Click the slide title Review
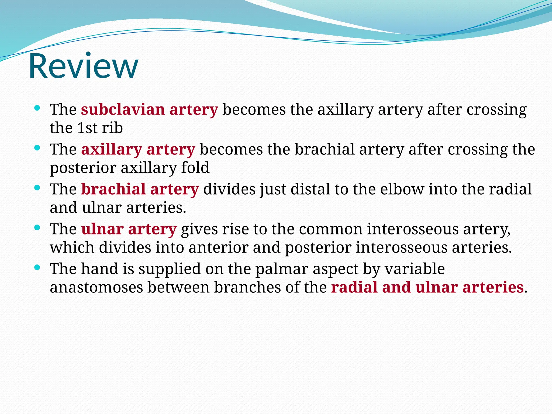tap(84, 66)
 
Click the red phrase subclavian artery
tap(149, 110)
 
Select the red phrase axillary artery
tap(138, 150)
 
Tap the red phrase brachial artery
tap(140, 189)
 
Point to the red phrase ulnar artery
tap(129, 229)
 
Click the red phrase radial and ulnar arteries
tap(427, 287)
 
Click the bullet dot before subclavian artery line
tap(37, 108)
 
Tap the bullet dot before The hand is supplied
tap(37, 267)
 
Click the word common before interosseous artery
tap(330, 229)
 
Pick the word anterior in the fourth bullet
tap(218, 248)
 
